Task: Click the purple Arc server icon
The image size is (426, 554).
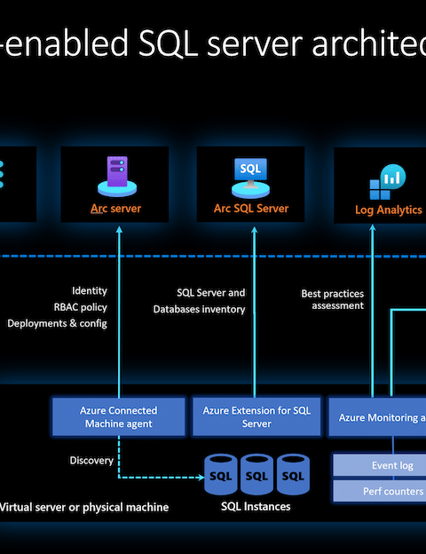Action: click(x=117, y=176)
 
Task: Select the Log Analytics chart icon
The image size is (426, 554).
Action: click(x=388, y=182)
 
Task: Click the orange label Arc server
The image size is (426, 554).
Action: click(x=116, y=209)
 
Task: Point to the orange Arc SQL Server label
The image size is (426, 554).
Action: click(x=251, y=209)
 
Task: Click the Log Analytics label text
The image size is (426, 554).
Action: click(x=389, y=210)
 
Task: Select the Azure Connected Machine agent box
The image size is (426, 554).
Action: click(x=119, y=417)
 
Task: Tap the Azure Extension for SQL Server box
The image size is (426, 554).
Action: click(x=256, y=417)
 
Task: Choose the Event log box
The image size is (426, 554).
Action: click(x=380, y=465)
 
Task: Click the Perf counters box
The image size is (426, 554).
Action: click(x=380, y=491)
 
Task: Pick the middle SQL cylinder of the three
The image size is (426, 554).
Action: click(x=256, y=474)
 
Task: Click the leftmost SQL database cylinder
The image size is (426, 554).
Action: click(x=221, y=474)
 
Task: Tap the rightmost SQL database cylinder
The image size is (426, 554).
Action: click(x=293, y=474)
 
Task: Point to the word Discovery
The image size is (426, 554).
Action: click(x=91, y=461)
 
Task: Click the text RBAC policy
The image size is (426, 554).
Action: click(x=80, y=307)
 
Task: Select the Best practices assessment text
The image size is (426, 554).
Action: click(x=333, y=299)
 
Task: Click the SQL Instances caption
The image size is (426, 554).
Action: click(x=256, y=506)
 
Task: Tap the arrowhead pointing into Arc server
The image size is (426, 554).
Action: click(x=119, y=230)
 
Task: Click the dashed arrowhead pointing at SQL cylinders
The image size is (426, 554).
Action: click(x=201, y=478)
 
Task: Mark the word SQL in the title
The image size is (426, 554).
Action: click(x=168, y=44)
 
